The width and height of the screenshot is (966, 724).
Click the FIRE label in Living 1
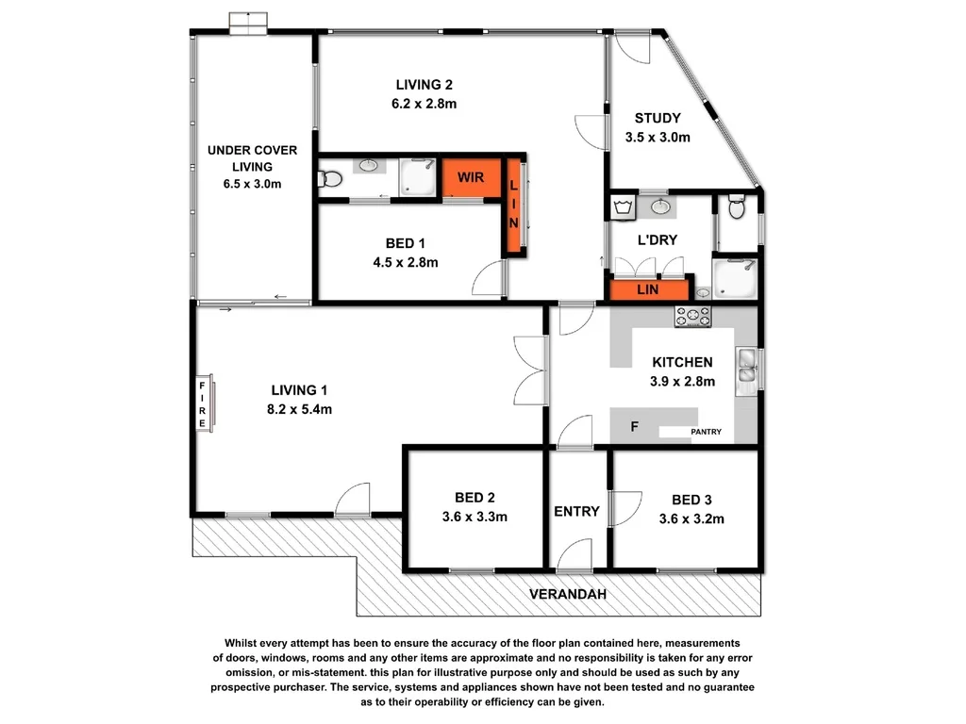pos(202,403)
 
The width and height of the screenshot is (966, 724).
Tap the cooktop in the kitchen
pos(692,318)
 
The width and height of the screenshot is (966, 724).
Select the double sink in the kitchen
pos(747,368)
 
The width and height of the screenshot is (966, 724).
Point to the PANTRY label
pos(706,433)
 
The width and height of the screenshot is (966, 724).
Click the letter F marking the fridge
pos(635,427)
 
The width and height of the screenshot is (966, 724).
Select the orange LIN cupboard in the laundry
pos(648,290)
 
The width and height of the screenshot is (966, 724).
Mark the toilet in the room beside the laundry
pos(738,206)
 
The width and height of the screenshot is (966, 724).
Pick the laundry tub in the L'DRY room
pos(622,206)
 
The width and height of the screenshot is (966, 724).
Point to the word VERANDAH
pos(567,594)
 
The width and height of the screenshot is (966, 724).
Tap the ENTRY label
pos(576,511)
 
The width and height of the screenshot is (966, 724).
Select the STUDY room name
pos(658,118)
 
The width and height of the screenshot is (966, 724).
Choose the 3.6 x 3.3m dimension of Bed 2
pos(475,517)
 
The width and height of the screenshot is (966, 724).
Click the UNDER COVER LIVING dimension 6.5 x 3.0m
pos(251,184)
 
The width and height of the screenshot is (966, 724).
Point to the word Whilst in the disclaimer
pos(241,642)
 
